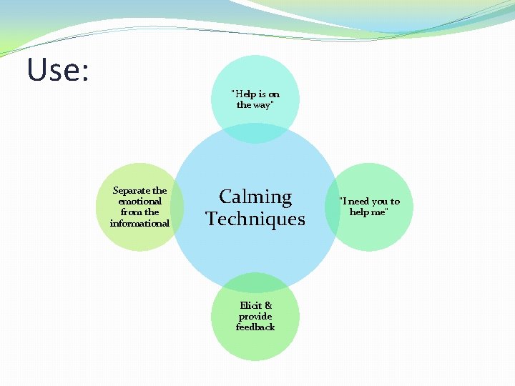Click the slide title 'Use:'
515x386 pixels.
click(57, 70)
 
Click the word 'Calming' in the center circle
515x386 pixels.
click(255, 197)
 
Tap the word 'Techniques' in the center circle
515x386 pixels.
click(255, 219)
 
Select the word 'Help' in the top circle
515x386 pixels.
click(245, 94)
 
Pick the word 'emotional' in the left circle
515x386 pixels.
click(140, 202)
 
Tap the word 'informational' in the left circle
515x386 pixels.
click(140, 223)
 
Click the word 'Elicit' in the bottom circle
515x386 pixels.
click(251, 305)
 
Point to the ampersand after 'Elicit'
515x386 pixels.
click(268, 305)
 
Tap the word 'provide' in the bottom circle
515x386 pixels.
click(255, 316)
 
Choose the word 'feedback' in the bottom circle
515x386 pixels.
click(255, 327)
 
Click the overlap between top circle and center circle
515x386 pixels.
click(255, 133)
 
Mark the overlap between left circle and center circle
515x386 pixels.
click(178, 207)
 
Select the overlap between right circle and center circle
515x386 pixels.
click(332, 207)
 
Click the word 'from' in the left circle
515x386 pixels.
click(131, 212)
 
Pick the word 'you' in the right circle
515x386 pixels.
click(381, 202)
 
